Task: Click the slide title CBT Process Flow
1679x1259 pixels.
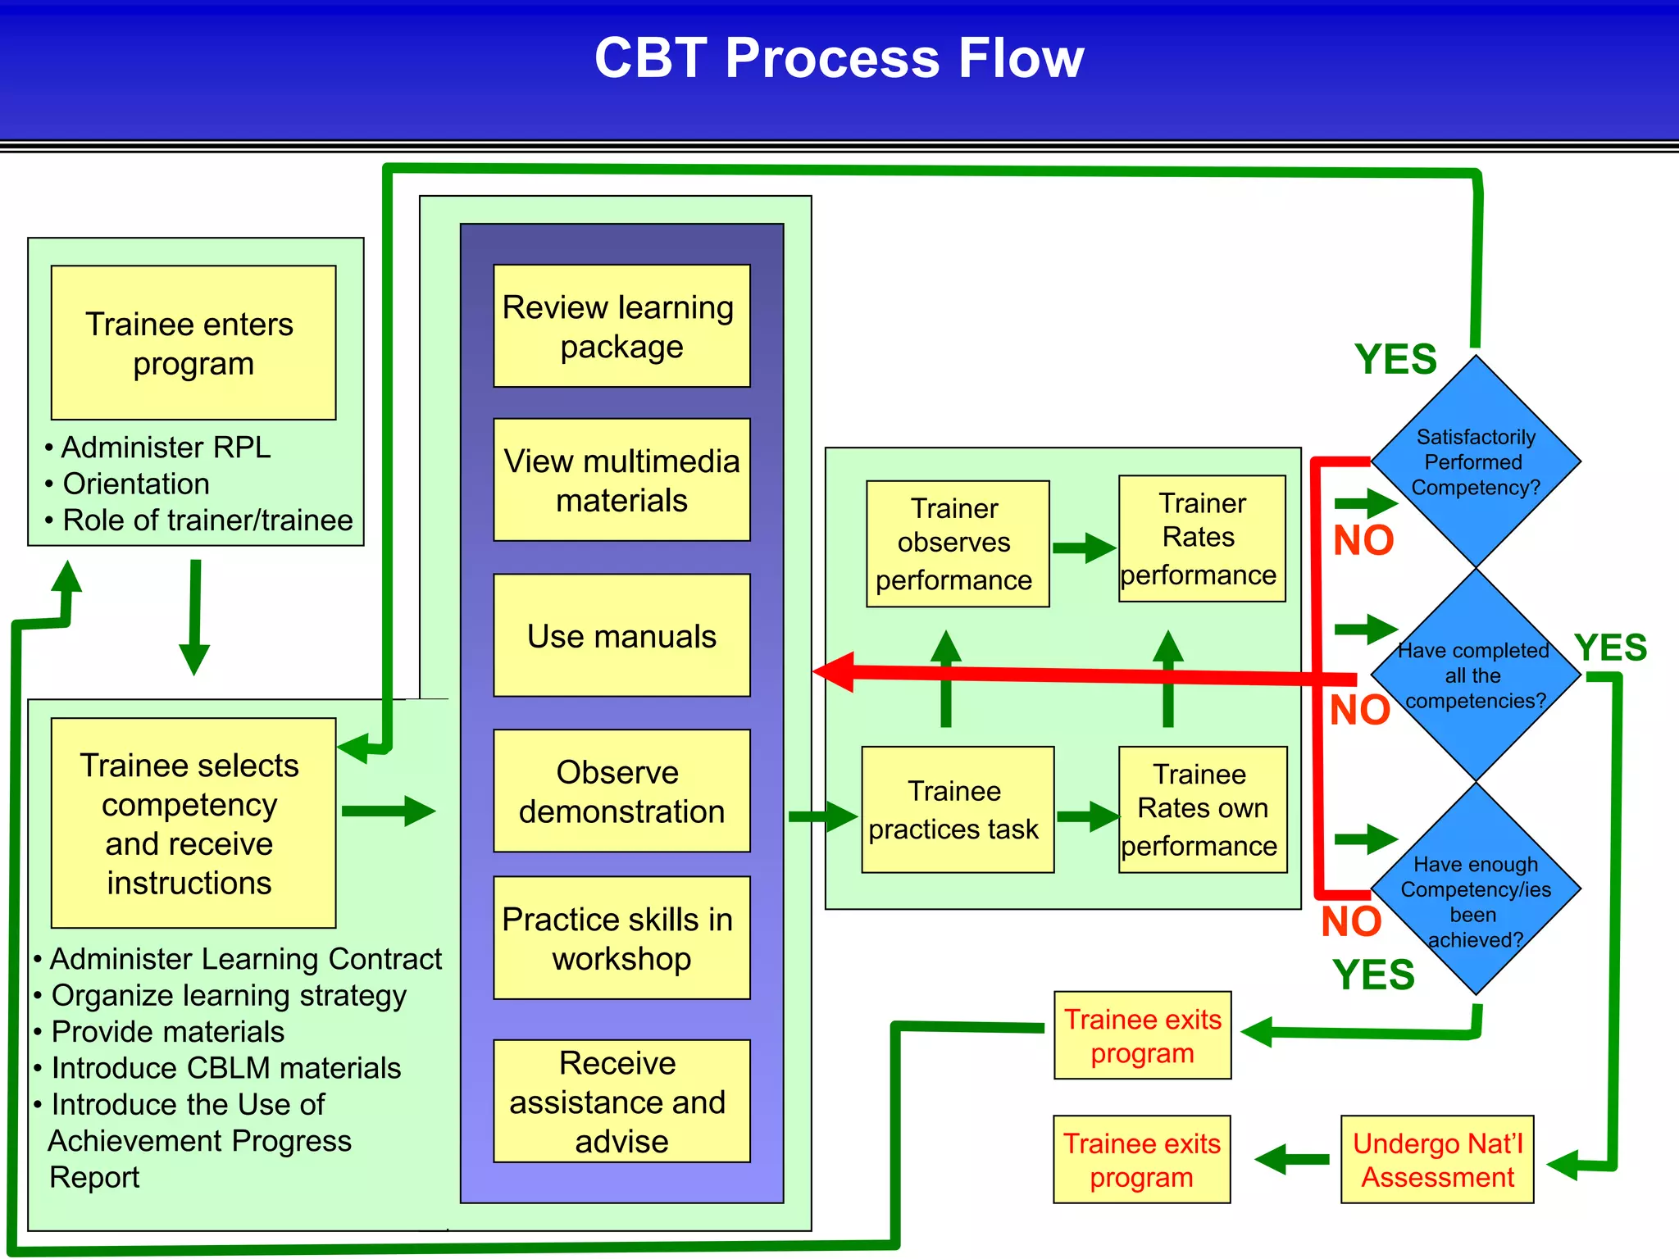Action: (839, 59)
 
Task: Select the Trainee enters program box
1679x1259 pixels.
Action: (193, 343)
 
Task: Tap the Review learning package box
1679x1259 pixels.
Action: (621, 326)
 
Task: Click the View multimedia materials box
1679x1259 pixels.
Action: (621, 480)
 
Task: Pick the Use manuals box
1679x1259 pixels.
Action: (621, 635)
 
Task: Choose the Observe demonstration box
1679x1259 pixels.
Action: (621, 791)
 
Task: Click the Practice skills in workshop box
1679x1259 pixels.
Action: (621, 938)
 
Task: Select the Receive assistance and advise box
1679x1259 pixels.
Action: (621, 1101)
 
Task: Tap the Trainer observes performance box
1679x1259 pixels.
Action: (957, 543)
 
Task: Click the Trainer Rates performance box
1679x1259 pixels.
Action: (1201, 539)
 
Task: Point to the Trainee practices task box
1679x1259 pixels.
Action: (957, 810)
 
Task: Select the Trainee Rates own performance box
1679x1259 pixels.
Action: (1202, 810)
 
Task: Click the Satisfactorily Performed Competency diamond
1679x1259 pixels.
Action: (1476, 461)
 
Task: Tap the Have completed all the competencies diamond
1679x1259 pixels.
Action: (1476, 675)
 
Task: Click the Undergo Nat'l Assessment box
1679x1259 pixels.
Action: (1437, 1159)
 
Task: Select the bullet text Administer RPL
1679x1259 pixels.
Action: (166, 448)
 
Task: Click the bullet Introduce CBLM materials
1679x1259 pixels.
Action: (225, 1068)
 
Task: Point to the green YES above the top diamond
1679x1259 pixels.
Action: (1395, 359)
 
